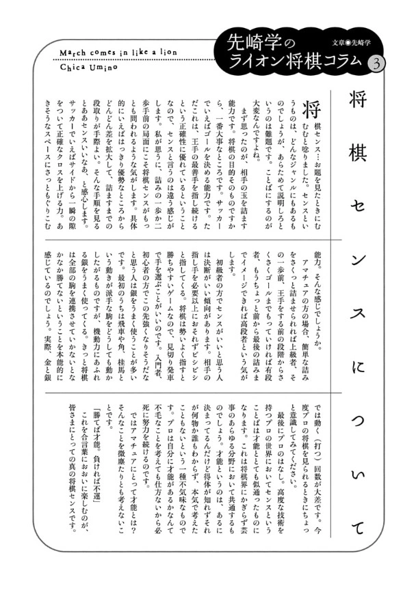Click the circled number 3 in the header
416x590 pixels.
click(376, 61)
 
